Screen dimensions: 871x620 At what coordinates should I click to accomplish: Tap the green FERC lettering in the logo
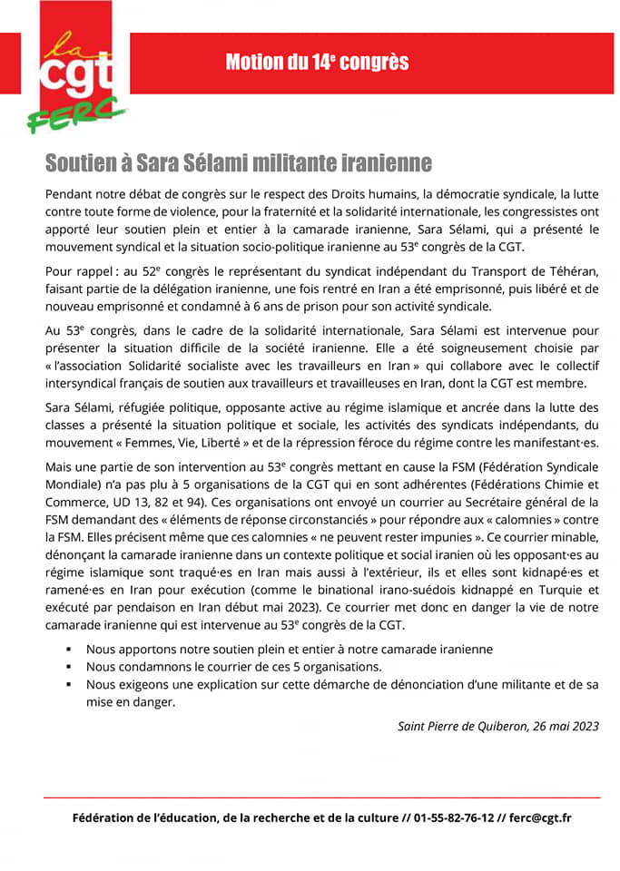coord(76,114)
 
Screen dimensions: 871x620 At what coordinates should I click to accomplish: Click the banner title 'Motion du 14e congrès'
coord(317,62)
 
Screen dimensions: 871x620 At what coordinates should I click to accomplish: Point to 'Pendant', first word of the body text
coord(70,195)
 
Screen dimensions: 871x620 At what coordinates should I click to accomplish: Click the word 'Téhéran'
coord(568,272)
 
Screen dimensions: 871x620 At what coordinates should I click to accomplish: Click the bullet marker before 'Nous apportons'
coord(69,650)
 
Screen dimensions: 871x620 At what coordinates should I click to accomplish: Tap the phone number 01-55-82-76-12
coord(455,817)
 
